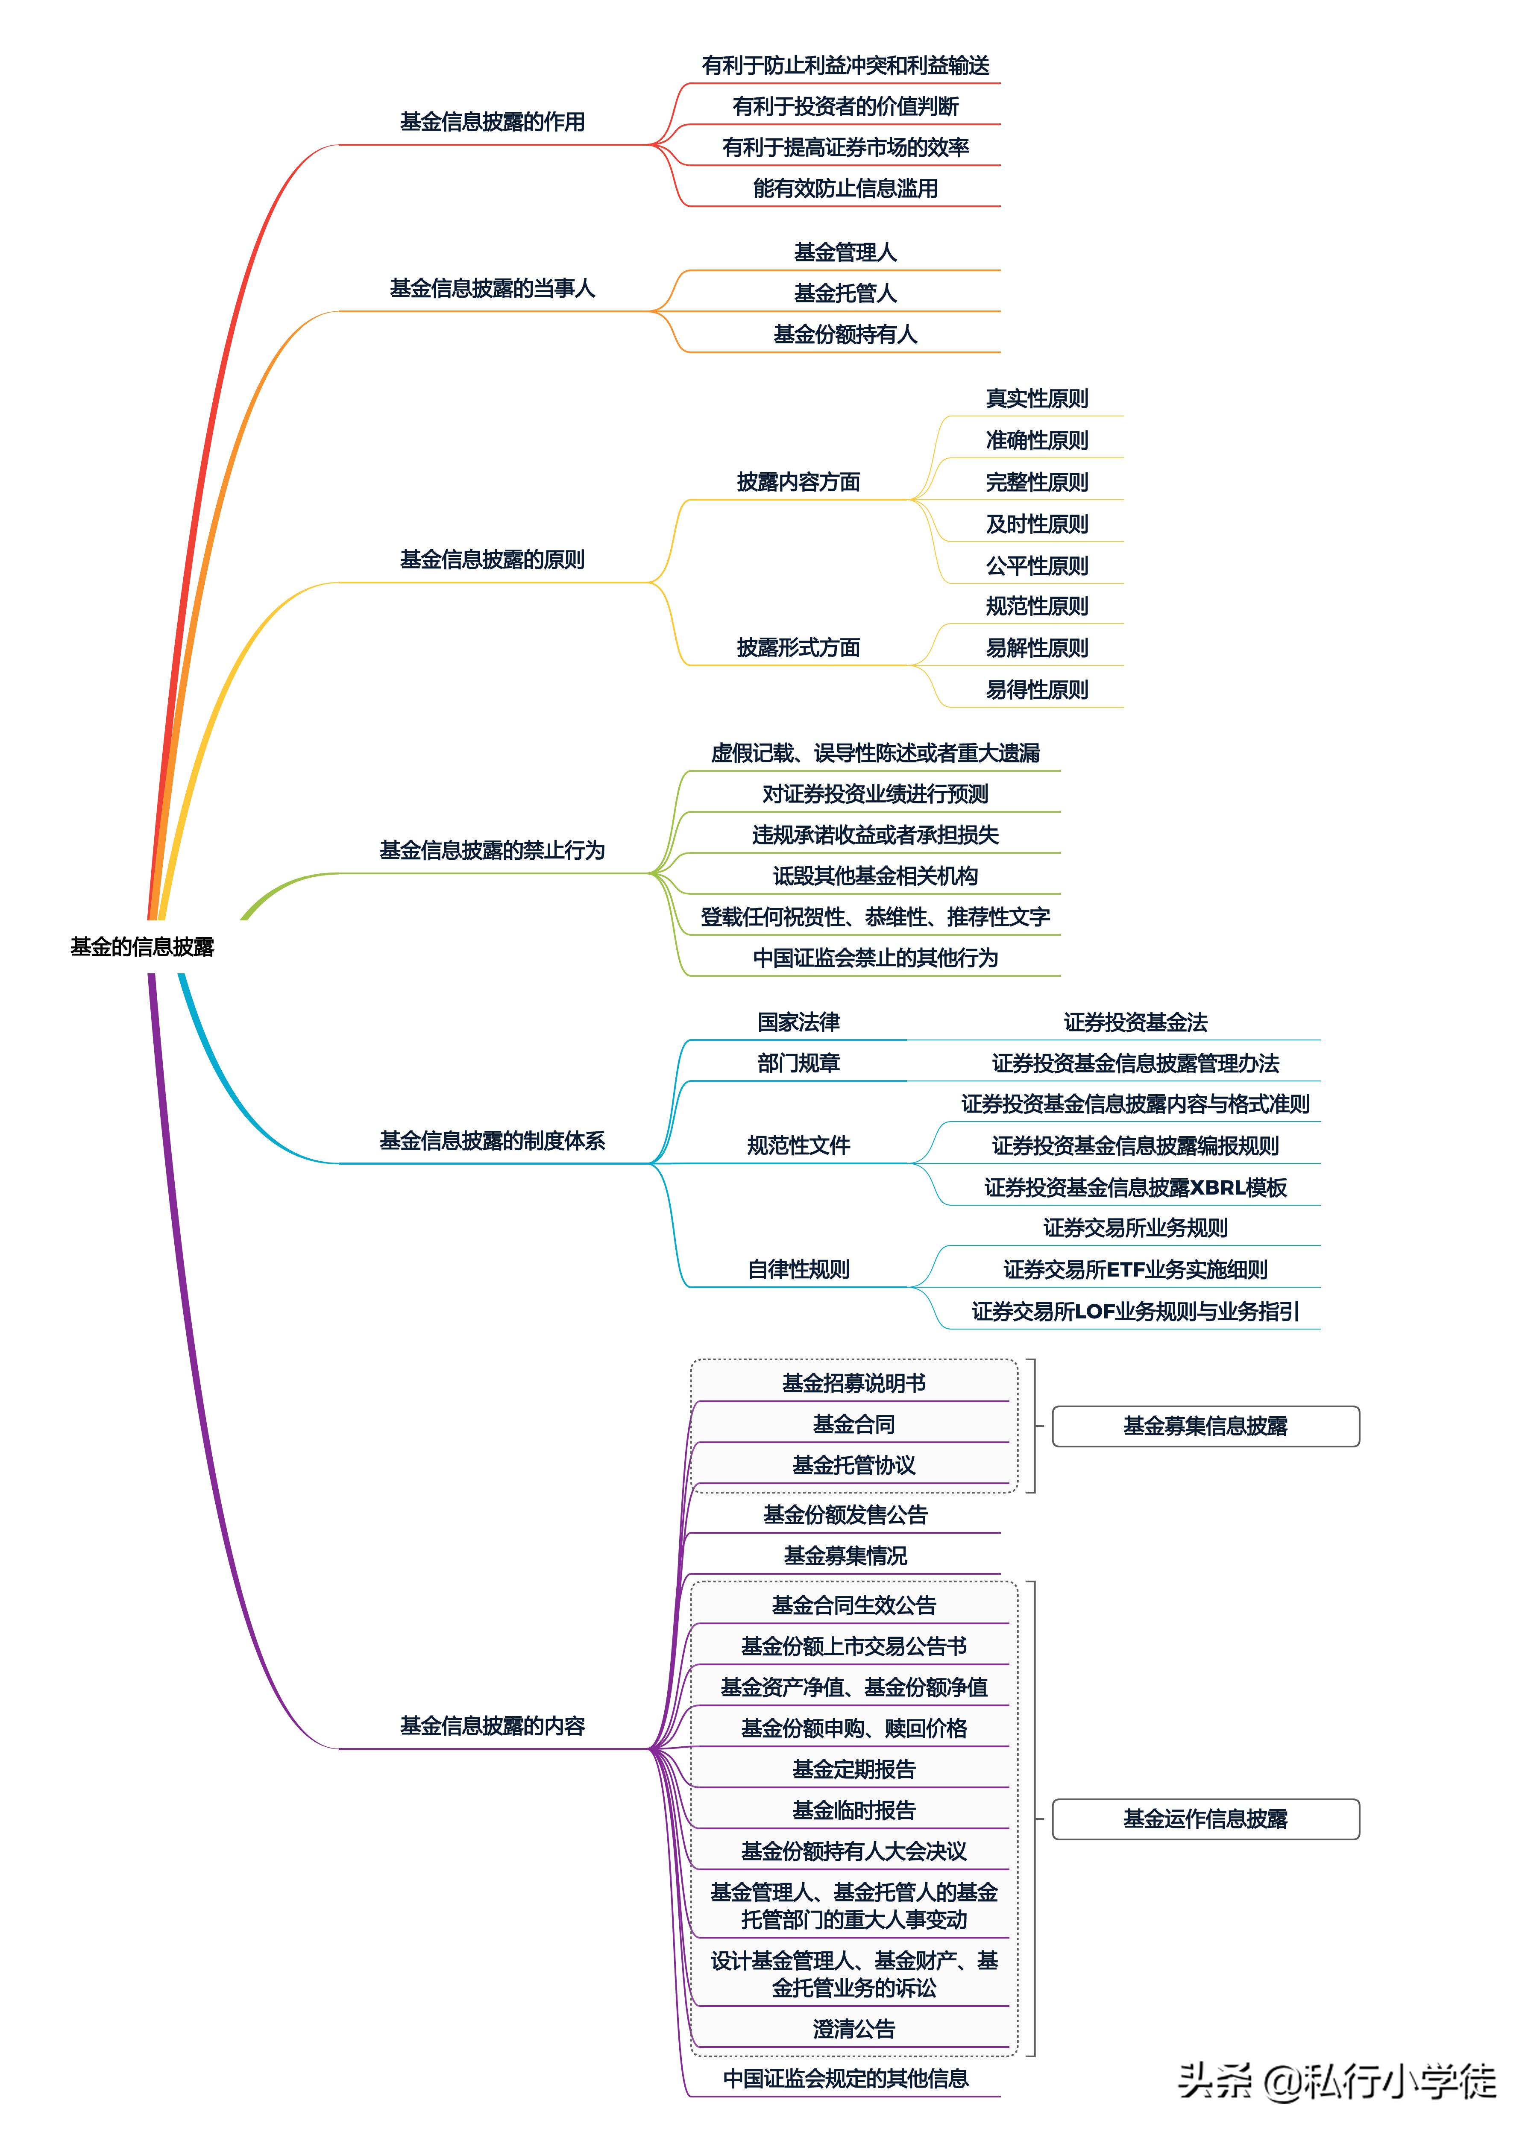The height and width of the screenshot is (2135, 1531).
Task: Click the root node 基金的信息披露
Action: click(x=142, y=946)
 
